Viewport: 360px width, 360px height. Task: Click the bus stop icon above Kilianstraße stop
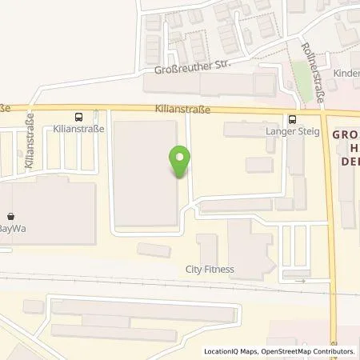[x=78, y=115]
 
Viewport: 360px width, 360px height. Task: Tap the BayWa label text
[x=14, y=229]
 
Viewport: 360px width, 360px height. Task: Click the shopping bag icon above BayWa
[x=11, y=216]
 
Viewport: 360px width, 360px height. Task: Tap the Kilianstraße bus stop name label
[x=78, y=128]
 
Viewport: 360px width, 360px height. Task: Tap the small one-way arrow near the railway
[x=302, y=280]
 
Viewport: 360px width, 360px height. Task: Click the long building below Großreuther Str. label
[x=208, y=84]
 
